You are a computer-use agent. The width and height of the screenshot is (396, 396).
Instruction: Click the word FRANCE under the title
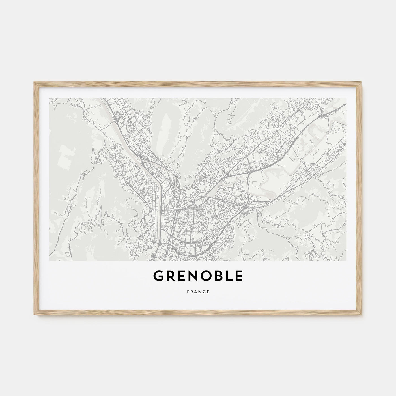tap(198, 292)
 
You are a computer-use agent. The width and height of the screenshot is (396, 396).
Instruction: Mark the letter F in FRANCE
tap(188, 292)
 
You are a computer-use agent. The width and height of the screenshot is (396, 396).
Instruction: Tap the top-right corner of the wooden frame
tap(362, 82)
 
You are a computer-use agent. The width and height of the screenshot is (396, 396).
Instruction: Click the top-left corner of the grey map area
tap(50, 99)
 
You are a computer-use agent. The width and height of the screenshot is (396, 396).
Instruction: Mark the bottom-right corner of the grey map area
tap(346, 261)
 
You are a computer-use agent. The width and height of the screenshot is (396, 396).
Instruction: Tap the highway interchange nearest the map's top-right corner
tap(323, 116)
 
